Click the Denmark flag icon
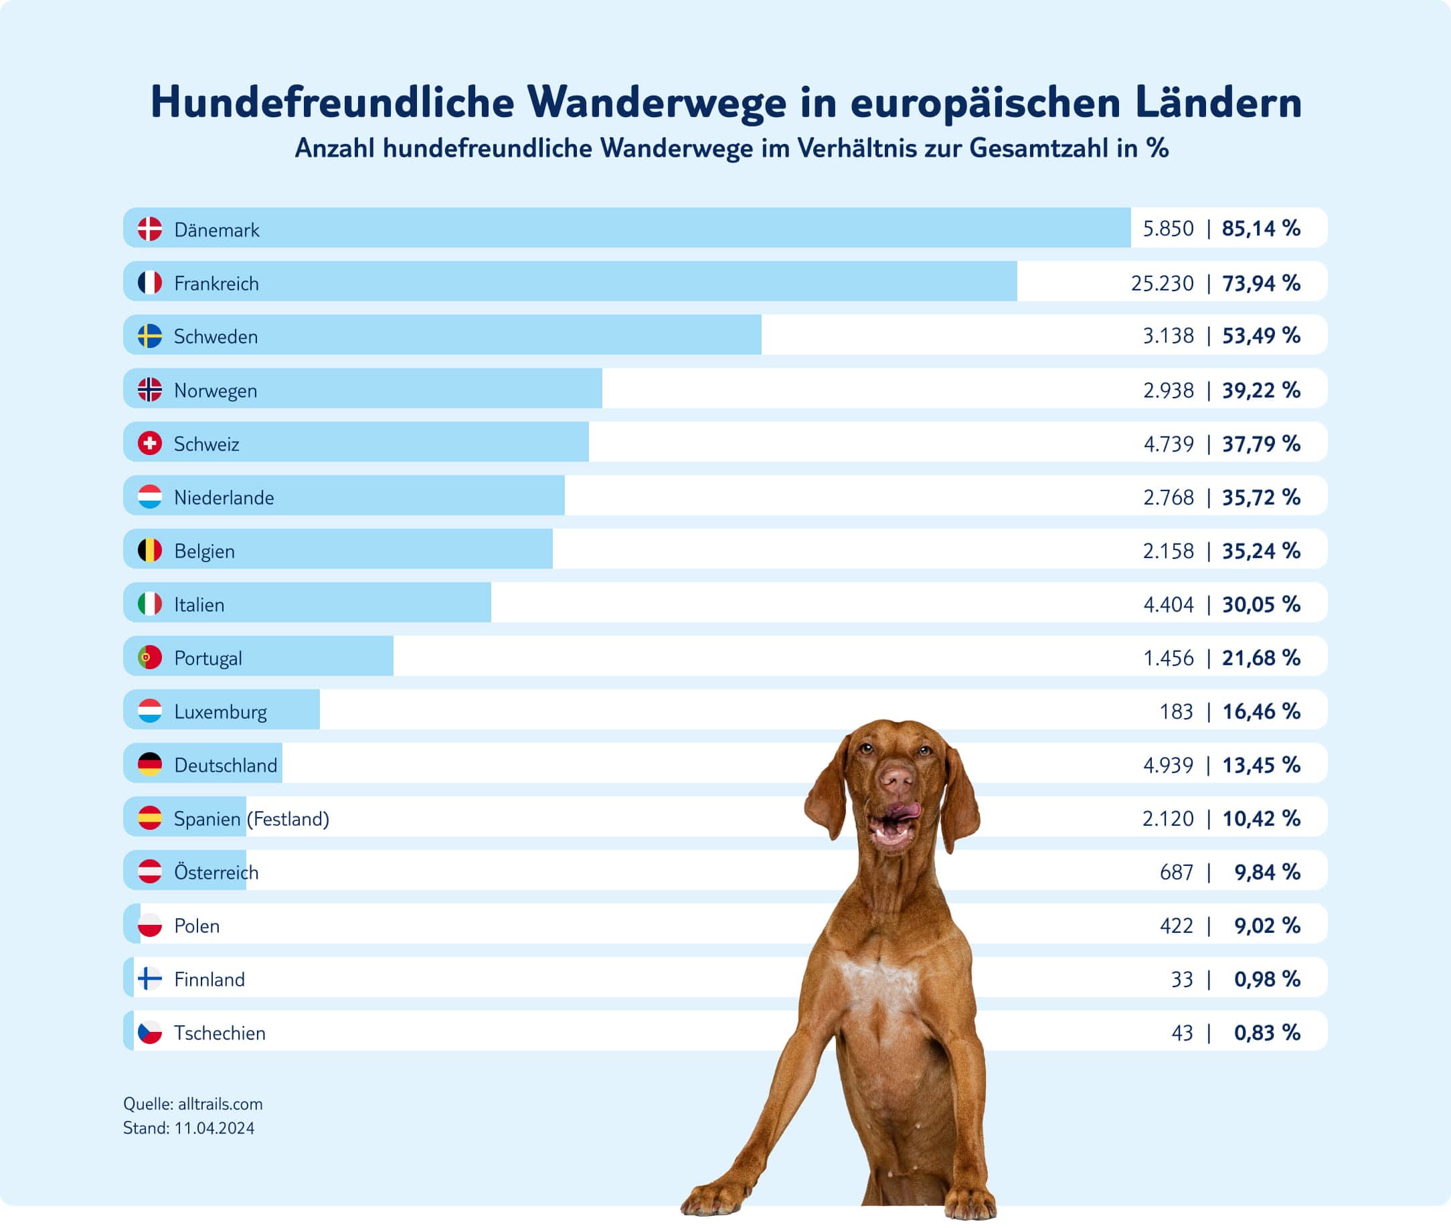point(150,228)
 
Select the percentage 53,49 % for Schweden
point(1261,335)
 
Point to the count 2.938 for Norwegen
point(1168,390)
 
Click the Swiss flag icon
point(150,444)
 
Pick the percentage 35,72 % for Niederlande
point(1261,497)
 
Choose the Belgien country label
point(204,551)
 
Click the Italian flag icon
point(150,604)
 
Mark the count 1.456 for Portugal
point(1168,658)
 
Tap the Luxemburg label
point(220,711)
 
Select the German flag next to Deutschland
point(150,764)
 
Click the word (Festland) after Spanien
point(288,818)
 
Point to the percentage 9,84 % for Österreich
point(1266,871)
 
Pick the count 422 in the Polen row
point(1176,925)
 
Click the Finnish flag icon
point(150,979)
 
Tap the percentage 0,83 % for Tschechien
point(1266,1033)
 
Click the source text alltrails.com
point(220,1104)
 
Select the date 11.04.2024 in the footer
point(214,1128)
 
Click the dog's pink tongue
point(905,810)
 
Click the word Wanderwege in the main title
point(657,103)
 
